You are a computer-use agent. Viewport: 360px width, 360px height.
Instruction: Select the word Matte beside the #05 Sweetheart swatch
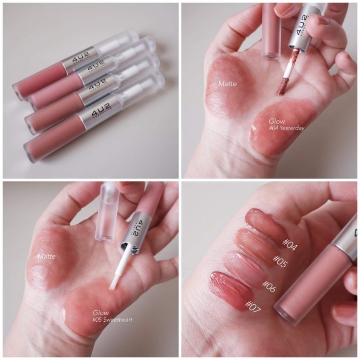47,256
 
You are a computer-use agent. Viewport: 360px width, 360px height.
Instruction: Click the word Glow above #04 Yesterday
276,121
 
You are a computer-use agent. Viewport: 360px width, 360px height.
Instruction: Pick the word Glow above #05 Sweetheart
100,313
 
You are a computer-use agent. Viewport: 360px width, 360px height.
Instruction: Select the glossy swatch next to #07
227,285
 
